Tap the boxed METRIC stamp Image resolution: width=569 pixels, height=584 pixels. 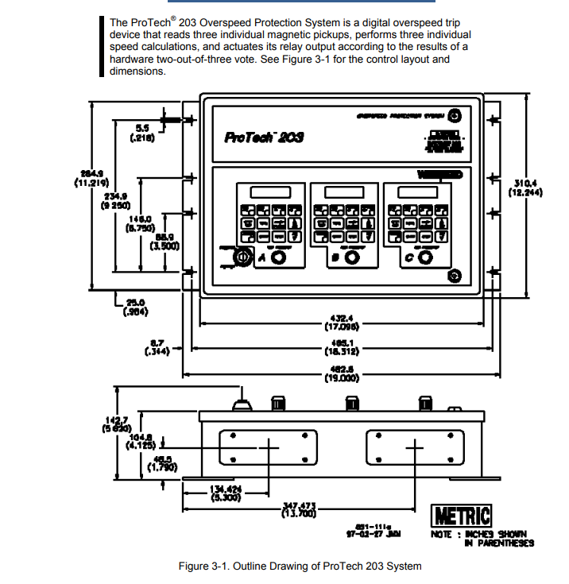461,516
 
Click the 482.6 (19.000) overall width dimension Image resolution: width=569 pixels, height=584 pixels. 342,374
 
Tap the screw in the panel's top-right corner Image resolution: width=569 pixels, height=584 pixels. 455,114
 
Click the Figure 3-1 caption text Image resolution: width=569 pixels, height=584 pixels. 300,566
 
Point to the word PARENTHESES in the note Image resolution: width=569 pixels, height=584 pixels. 504,543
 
